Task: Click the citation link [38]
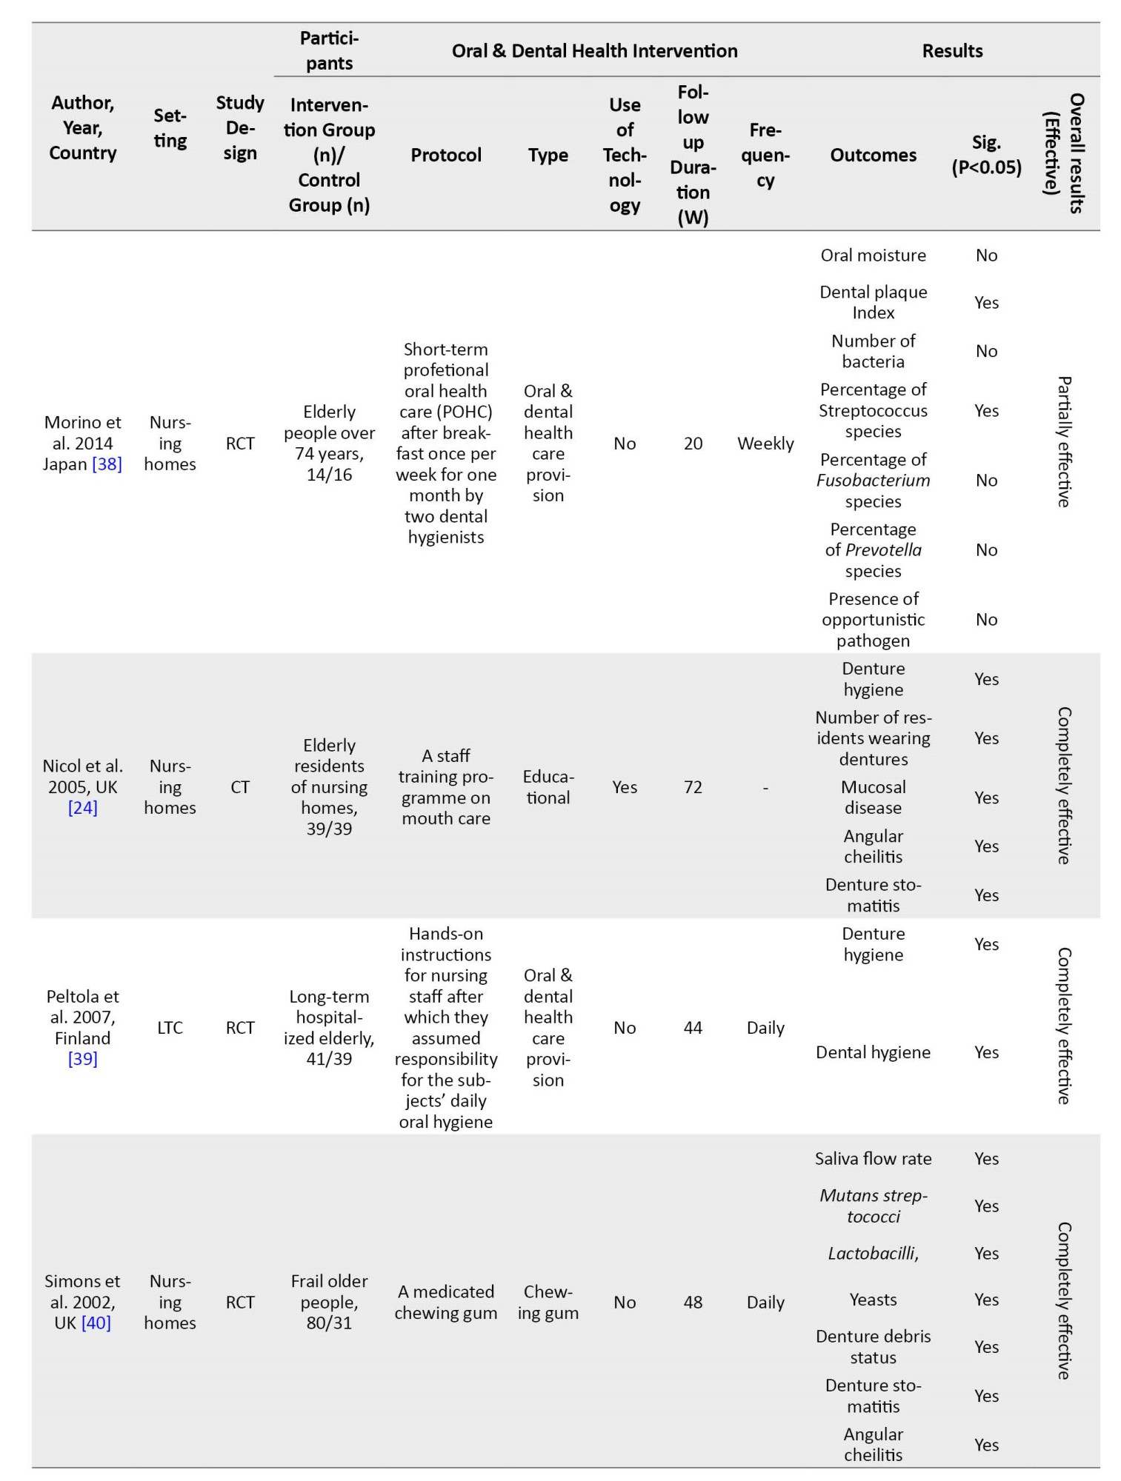click(107, 464)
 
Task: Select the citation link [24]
click(82, 808)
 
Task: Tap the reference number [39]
click(82, 1059)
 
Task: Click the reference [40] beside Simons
click(96, 1323)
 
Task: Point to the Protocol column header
click(446, 155)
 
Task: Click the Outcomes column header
click(873, 155)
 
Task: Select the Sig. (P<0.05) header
click(986, 155)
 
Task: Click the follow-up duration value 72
click(693, 787)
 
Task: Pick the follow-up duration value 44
click(693, 1028)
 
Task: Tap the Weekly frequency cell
click(765, 444)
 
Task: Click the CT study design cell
click(240, 787)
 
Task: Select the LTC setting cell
click(170, 1028)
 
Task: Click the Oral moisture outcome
click(873, 255)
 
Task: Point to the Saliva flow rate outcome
click(873, 1159)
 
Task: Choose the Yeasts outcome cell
click(873, 1300)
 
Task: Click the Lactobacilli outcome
click(873, 1253)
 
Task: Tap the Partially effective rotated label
click(1063, 442)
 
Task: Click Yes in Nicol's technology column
click(625, 787)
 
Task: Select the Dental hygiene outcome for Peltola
click(873, 1052)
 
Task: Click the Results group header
click(952, 50)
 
